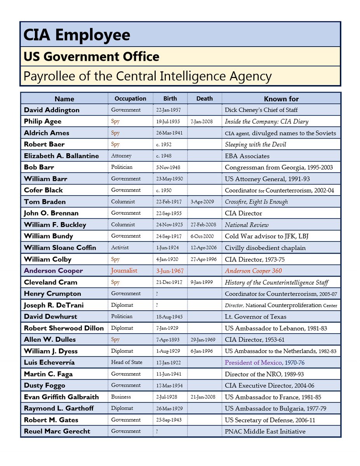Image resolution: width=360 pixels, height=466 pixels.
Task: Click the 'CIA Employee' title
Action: pyautogui.click(x=77, y=35)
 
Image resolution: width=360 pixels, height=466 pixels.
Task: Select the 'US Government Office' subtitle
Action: pyautogui.click(x=91, y=57)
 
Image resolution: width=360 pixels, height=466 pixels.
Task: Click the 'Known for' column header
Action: pyautogui.click(x=281, y=99)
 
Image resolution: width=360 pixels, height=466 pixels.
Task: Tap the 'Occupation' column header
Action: pyautogui.click(x=130, y=99)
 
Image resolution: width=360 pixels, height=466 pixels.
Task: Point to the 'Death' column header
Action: pyautogui.click(x=204, y=99)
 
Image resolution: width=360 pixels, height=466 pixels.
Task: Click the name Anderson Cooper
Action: pyautogui.click(x=53, y=271)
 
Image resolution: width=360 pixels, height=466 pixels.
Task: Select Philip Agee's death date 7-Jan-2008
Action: pyautogui.click(x=202, y=122)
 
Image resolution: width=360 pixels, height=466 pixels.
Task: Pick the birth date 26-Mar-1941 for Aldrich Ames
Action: pyautogui.click(x=169, y=133)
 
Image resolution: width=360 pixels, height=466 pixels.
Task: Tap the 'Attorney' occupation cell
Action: pyautogui.click(x=121, y=156)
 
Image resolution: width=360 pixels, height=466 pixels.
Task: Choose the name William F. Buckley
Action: pyautogui.click(x=55, y=225)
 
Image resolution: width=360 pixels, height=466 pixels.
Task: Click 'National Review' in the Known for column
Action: pyautogui.click(x=247, y=225)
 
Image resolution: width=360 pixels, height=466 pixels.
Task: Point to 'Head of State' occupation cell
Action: pyautogui.click(x=127, y=362)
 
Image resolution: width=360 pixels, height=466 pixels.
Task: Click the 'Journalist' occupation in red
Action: pyautogui.click(x=124, y=271)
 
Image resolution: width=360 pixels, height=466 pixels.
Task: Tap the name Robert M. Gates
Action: pyautogui.click(x=51, y=420)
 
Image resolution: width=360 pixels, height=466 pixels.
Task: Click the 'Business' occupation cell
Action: pyautogui.click(x=121, y=397)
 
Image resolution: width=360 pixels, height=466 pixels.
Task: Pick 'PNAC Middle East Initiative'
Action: pyautogui.click(x=265, y=431)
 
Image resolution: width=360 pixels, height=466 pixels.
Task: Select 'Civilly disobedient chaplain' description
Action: pyautogui.click(x=265, y=248)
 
